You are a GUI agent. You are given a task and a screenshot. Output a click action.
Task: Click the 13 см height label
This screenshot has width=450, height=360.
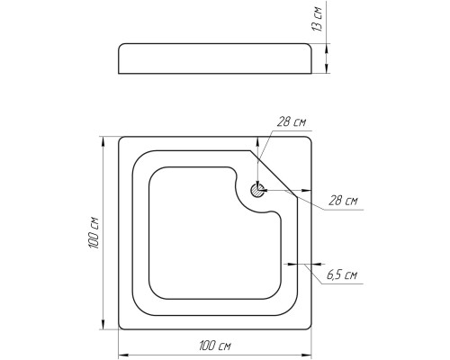point(317,19)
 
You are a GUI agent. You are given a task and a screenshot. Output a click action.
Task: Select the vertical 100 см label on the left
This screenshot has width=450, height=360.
point(94,232)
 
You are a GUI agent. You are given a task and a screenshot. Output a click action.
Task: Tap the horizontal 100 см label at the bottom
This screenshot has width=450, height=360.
point(215,346)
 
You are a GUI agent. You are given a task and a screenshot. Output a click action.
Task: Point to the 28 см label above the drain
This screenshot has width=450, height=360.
point(291,122)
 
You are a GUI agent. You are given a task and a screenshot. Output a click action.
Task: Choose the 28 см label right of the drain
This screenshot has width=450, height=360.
point(343,200)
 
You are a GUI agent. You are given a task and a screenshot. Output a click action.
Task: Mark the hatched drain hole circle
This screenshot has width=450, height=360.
point(257,190)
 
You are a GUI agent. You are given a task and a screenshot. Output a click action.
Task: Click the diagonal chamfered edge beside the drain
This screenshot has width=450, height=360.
point(274,174)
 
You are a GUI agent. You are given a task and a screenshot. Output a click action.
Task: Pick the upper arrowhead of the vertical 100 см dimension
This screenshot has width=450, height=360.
point(103,142)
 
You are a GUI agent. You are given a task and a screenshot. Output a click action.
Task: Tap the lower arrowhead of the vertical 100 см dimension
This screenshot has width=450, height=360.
point(103,324)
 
